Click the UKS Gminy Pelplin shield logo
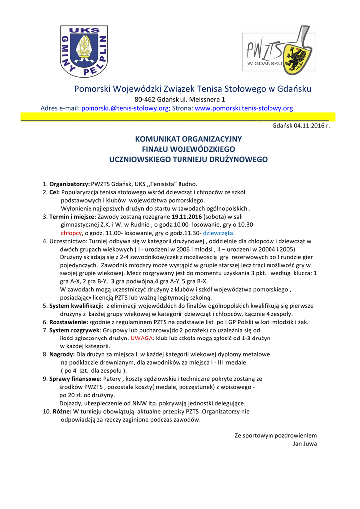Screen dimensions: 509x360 point(84,52)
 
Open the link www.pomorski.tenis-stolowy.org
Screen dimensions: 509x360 point(244,108)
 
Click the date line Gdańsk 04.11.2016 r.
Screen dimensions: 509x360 point(301,126)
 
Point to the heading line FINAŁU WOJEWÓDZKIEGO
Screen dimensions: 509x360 point(188,149)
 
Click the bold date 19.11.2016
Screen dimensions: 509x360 point(186,217)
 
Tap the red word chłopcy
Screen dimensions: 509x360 point(71,233)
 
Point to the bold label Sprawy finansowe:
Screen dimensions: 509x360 point(75,379)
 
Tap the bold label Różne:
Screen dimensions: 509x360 point(62,412)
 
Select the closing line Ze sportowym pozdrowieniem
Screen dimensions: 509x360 point(275,436)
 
